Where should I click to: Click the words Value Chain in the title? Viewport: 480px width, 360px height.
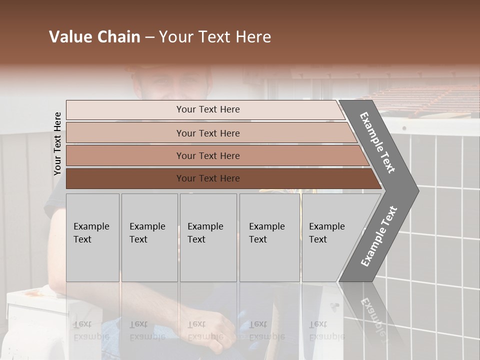pos(94,37)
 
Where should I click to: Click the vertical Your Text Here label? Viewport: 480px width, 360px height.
pos(57,143)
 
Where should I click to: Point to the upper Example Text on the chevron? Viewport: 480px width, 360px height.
pos(377,143)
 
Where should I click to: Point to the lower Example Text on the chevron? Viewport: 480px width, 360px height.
pos(379,236)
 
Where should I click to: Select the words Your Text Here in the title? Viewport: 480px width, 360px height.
pos(215,37)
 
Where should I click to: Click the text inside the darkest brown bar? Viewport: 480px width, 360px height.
pos(208,178)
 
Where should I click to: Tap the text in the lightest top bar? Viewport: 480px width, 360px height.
pos(208,109)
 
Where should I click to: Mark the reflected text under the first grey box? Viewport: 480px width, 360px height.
pos(91,330)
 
